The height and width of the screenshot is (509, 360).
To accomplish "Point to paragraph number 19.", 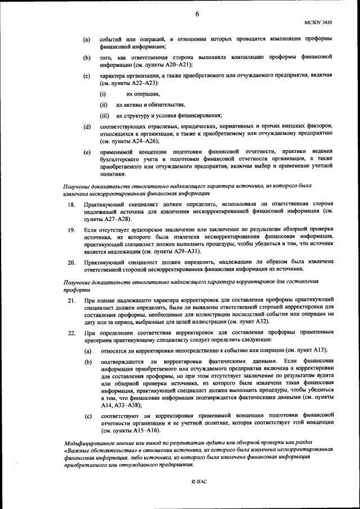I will (x=71, y=230).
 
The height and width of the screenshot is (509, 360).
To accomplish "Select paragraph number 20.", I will (x=71, y=262).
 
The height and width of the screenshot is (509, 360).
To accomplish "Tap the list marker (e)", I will (x=87, y=152).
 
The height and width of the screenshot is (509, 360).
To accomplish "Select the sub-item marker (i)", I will (x=103, y=94).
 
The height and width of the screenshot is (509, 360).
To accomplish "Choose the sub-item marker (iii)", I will (x=104, y=116).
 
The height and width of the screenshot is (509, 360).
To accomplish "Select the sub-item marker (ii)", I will (x=103, y=105).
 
